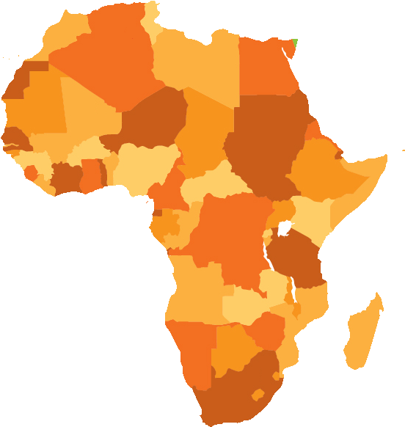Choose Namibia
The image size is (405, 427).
pyautogui.click(x=192, y=352)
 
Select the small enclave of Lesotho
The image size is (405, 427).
pyautogui.click(x=258, y=394)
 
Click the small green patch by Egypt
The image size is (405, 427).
pyautogui.click(x=294, y=43)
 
